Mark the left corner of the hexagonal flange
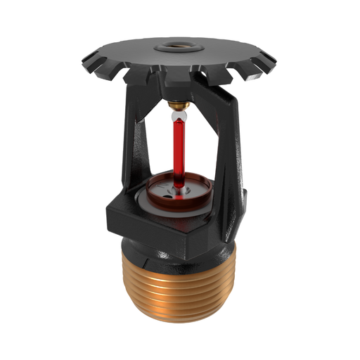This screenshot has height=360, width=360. tap(105, 205)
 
